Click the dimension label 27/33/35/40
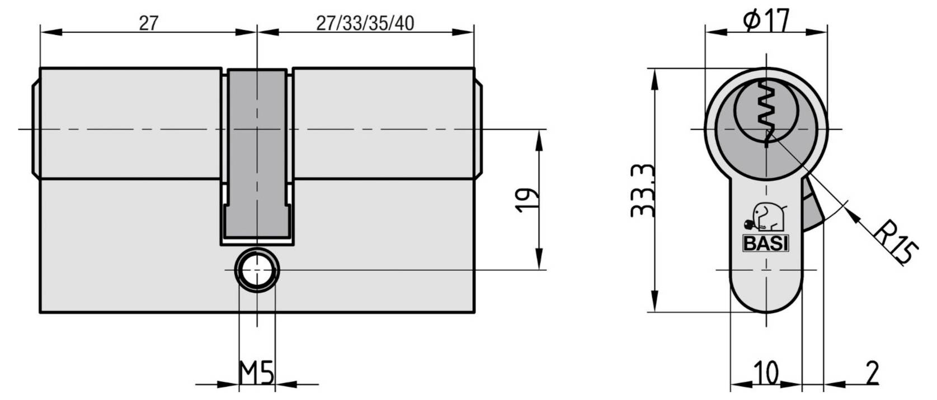tap(365, 23)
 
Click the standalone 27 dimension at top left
tap(148, 23)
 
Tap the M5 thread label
tap(257, 373)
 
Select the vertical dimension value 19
tap(527, 200)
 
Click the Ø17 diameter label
tap(766, 21)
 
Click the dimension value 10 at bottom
tap(766, 373)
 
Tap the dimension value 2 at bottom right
tap(872, 373)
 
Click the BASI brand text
tap(765, 244)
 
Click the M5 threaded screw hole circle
tap(257, 270)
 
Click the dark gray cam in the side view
tap(257, 151)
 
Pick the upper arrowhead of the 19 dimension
tap(539, 140)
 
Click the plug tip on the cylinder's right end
tap(479, 128)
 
